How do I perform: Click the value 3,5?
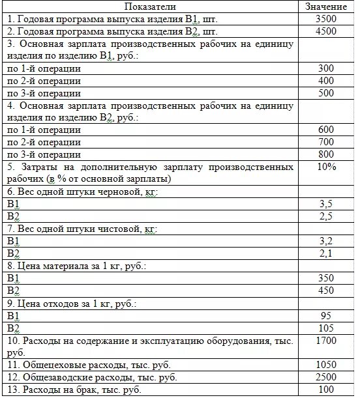[x=325, y=204]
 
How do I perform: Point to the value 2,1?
[x=325, y=253]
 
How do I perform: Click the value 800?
[x=325, y=155]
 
